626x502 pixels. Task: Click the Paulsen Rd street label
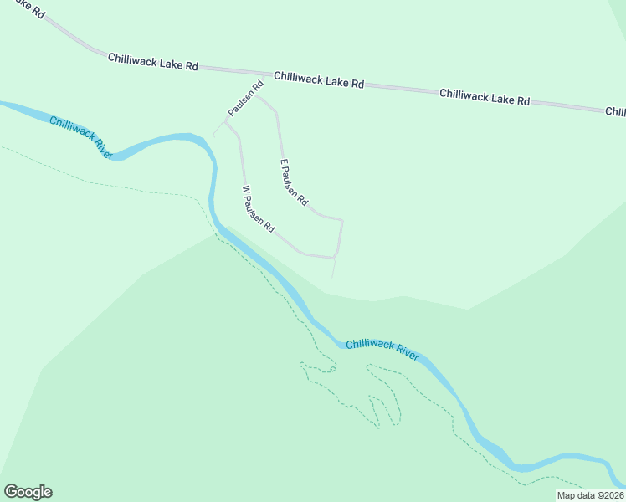[x=245, y=99]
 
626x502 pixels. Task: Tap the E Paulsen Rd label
[x=294, y=183]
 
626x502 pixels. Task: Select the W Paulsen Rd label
[x=258, y=209]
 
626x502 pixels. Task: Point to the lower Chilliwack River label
[x=382, y=349]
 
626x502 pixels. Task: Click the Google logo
[x=28, y=492]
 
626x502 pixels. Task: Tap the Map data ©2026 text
[x=590, y=495]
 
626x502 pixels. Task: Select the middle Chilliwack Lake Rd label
[x=319, y=79]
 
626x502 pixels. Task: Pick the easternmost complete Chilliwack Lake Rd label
[x=485, y=97]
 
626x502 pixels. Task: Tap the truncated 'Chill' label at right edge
[x=615, y=112]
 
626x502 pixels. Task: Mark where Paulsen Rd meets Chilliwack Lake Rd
[x=264, y=75]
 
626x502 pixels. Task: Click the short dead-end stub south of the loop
[x=334, y=269]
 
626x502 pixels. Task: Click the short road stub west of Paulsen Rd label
[x=218, y=131]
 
